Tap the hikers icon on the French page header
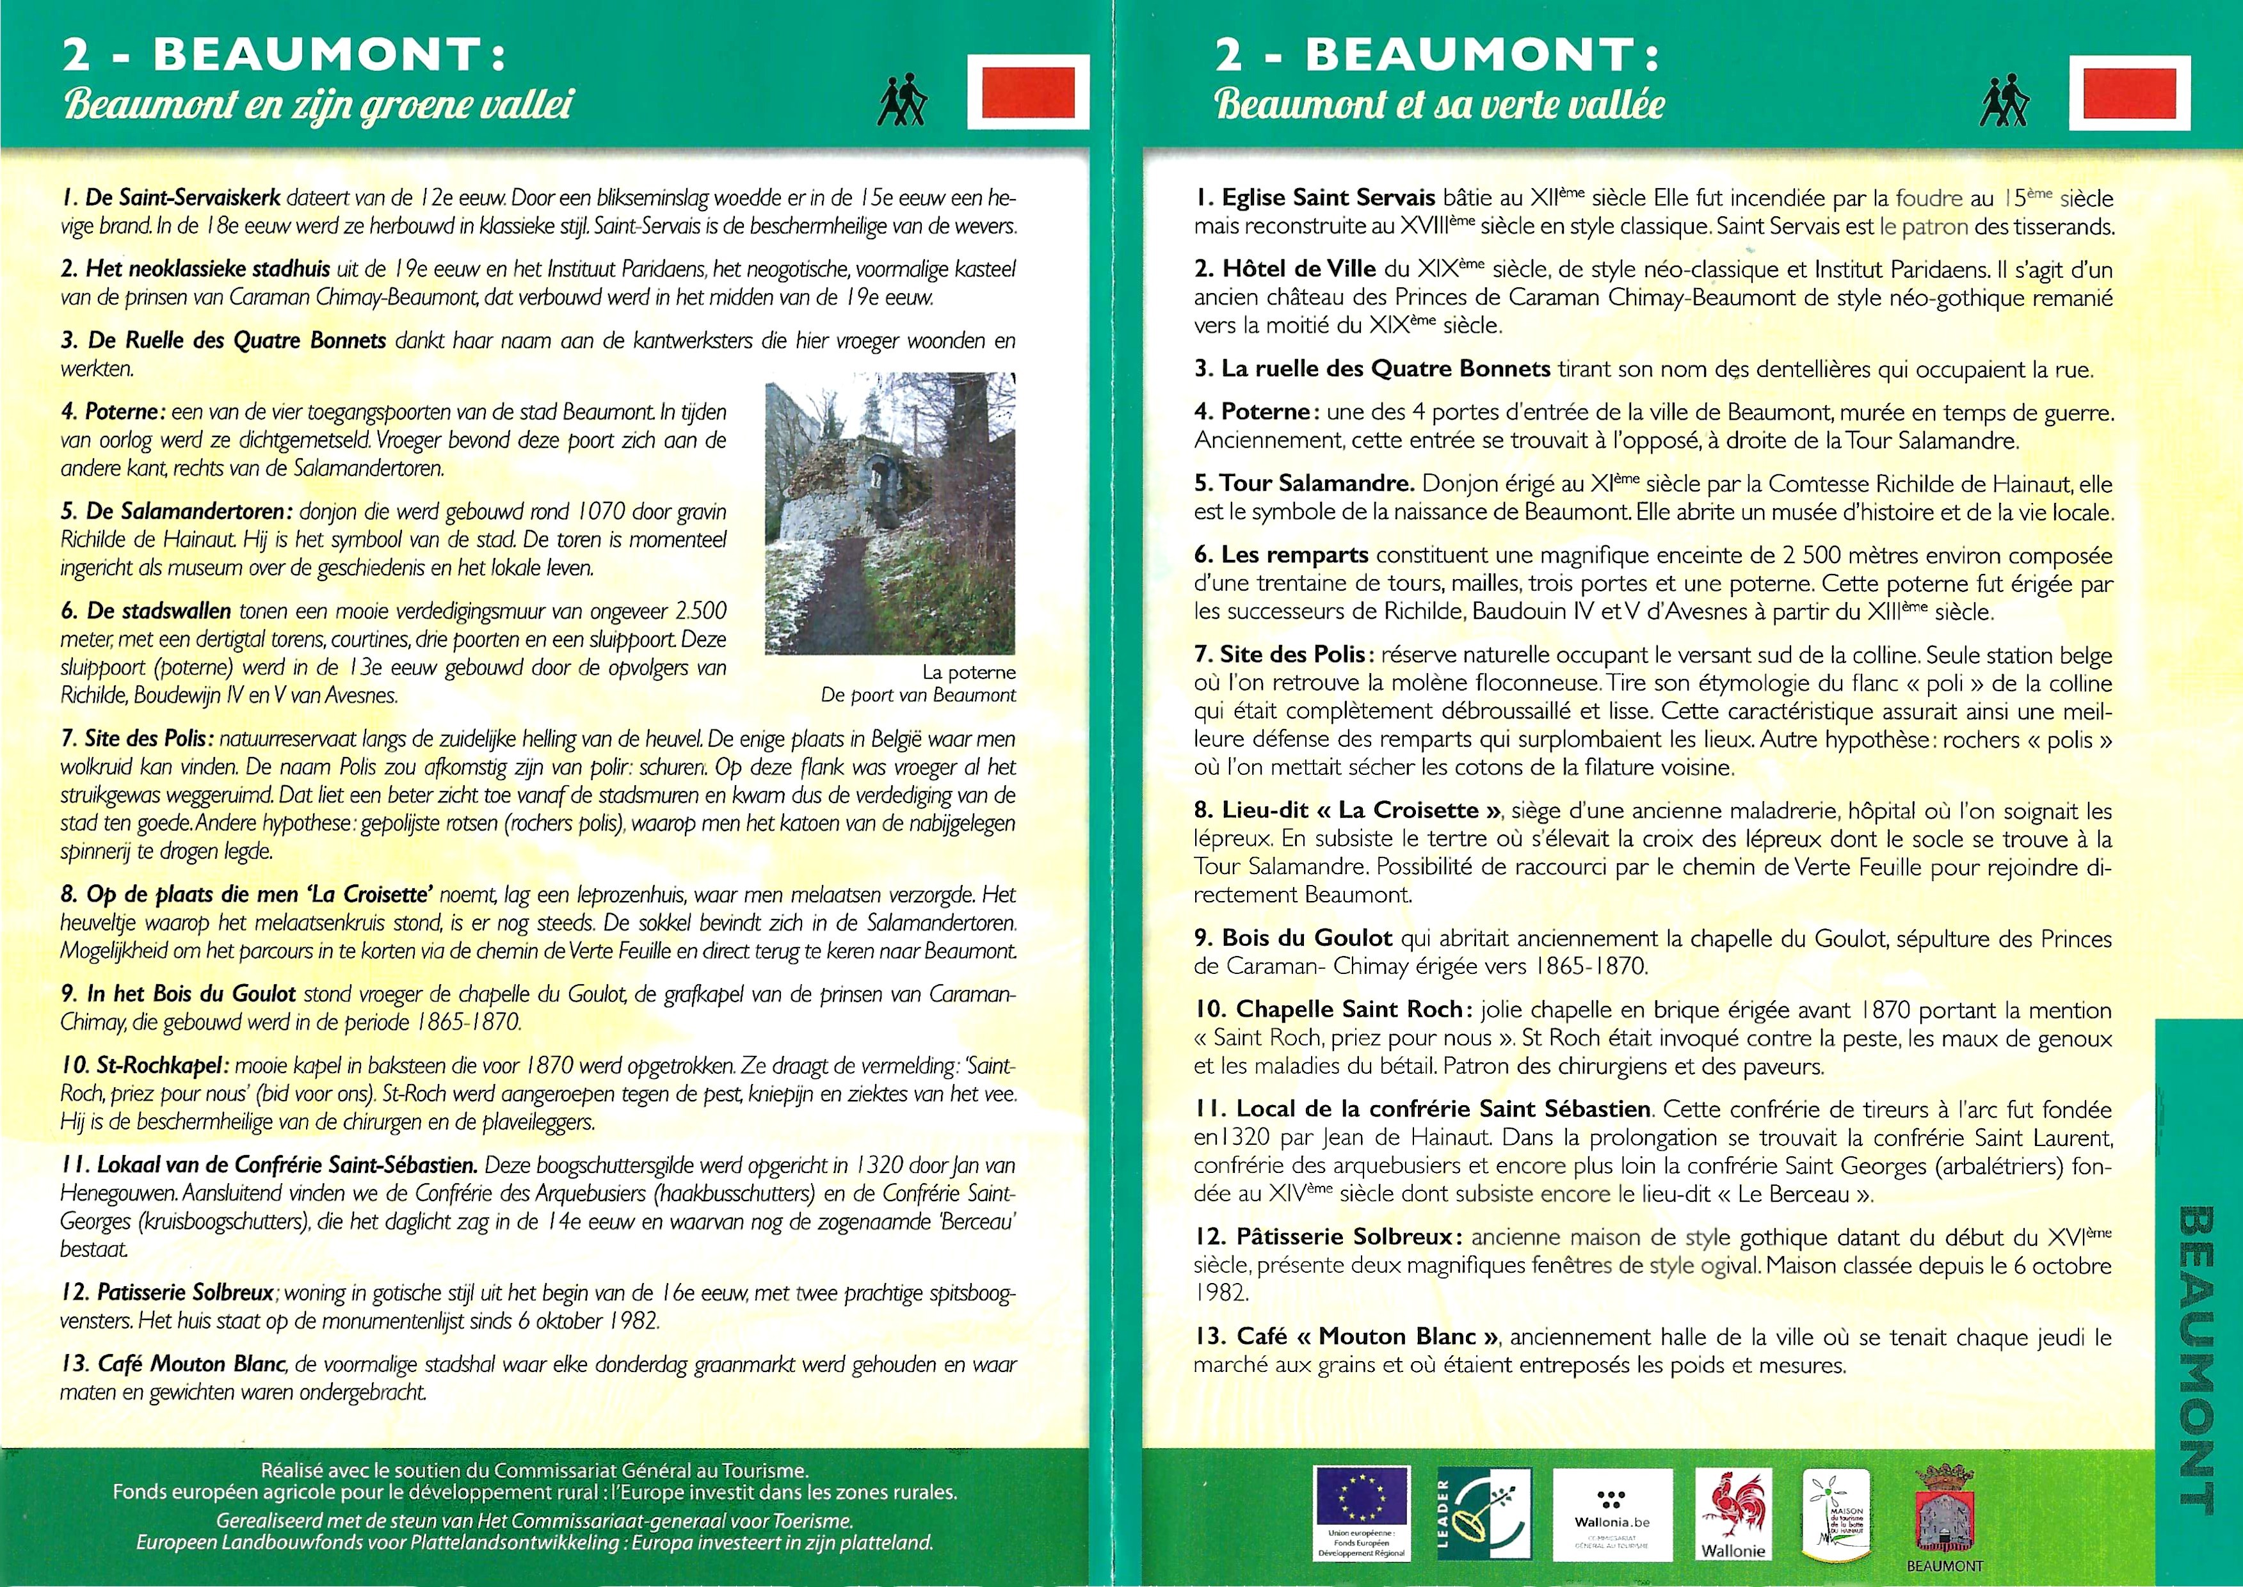(2004, 102)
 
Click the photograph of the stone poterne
(889, 513)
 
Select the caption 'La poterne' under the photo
(968, 673)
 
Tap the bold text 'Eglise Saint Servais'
(1315, 198)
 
